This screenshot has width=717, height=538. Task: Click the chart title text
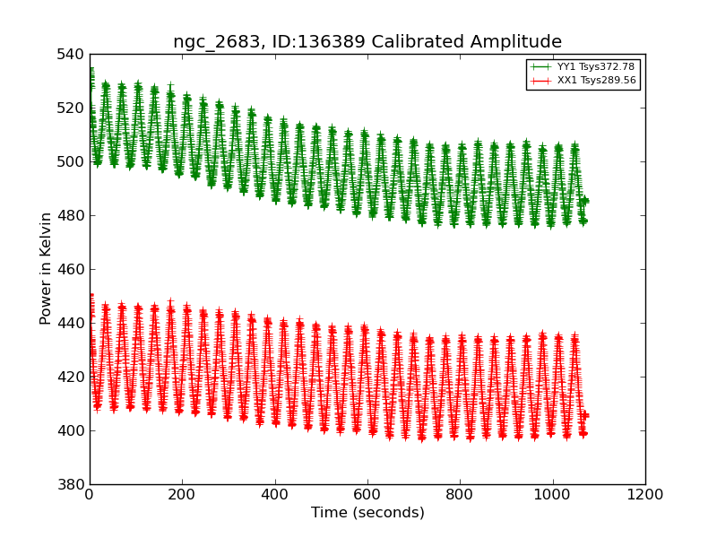367,42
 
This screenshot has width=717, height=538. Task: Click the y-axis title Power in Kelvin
46,269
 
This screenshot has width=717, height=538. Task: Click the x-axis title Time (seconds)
367,513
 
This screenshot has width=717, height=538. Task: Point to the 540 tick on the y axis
71,55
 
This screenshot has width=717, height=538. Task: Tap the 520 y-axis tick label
71,108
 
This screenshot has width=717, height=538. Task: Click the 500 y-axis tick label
71,162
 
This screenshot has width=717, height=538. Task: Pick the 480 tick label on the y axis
71,216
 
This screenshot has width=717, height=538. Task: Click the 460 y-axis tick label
71,270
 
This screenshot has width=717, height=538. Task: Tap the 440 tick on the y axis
71,324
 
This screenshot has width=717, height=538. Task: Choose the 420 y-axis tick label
71,377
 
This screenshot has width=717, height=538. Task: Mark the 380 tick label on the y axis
71,485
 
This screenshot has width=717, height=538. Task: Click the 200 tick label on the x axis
182,494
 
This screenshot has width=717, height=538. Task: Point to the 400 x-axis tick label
275,494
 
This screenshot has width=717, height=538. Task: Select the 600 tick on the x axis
367,494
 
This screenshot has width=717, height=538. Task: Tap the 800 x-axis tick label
460,494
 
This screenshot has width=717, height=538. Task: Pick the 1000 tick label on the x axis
553,494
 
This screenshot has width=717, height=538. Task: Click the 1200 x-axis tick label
645,494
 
